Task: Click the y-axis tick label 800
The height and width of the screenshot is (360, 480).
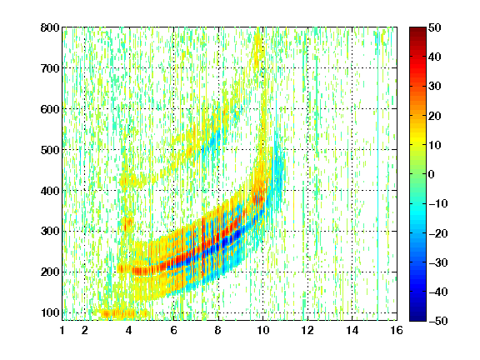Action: point(50,27)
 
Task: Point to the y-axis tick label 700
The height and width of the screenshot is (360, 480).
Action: point(50,68)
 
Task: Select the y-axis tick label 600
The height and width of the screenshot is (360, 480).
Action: point(50,109)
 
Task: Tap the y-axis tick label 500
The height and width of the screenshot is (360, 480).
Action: point(50,150)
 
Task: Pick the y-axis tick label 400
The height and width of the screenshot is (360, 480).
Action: point(50,191)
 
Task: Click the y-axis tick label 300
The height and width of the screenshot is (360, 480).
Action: point(50,231)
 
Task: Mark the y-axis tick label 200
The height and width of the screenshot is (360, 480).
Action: point(50,272)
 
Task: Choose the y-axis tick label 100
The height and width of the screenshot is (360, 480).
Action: point(50,312)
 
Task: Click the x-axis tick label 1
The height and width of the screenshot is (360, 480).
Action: point(62,330)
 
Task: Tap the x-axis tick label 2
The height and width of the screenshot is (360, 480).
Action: point(85,330)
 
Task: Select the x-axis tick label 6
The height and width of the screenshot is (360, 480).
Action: point(173,330)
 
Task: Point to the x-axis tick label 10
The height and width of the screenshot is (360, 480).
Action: point(263,330)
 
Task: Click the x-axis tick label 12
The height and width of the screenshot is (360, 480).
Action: point(307,330)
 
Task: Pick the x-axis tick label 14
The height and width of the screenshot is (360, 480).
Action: point(352,330)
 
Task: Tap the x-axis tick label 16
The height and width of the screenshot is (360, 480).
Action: point(397,330)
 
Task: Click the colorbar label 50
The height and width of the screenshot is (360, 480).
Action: point(435,27)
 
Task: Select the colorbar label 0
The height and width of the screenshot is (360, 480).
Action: point(432,174)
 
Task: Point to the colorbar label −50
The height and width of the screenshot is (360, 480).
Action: point(438,321)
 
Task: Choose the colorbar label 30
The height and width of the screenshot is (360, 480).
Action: point(435,87)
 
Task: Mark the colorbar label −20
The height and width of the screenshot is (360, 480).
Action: point(438,233)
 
